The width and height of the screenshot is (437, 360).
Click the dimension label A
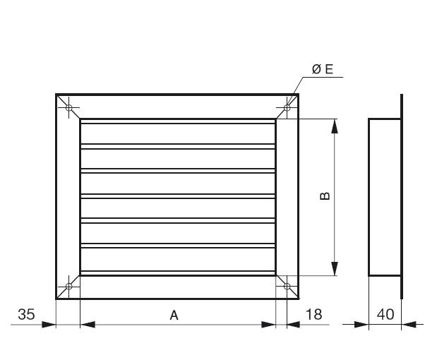174,316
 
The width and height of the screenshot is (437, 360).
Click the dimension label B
324,196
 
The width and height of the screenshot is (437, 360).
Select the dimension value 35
26,315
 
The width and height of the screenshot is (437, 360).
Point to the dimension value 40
385,315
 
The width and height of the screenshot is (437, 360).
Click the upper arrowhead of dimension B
335,125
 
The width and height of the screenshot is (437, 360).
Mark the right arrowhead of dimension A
269,325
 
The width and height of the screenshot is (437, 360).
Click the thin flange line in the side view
402,196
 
